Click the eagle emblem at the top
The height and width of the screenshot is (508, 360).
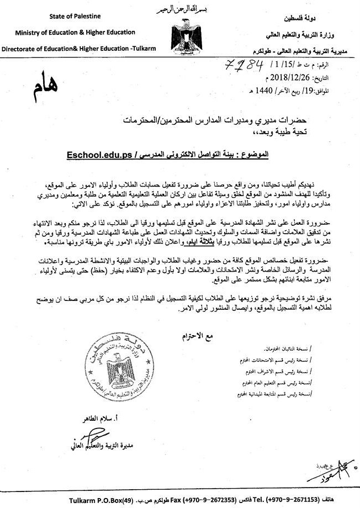pos(181,32)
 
